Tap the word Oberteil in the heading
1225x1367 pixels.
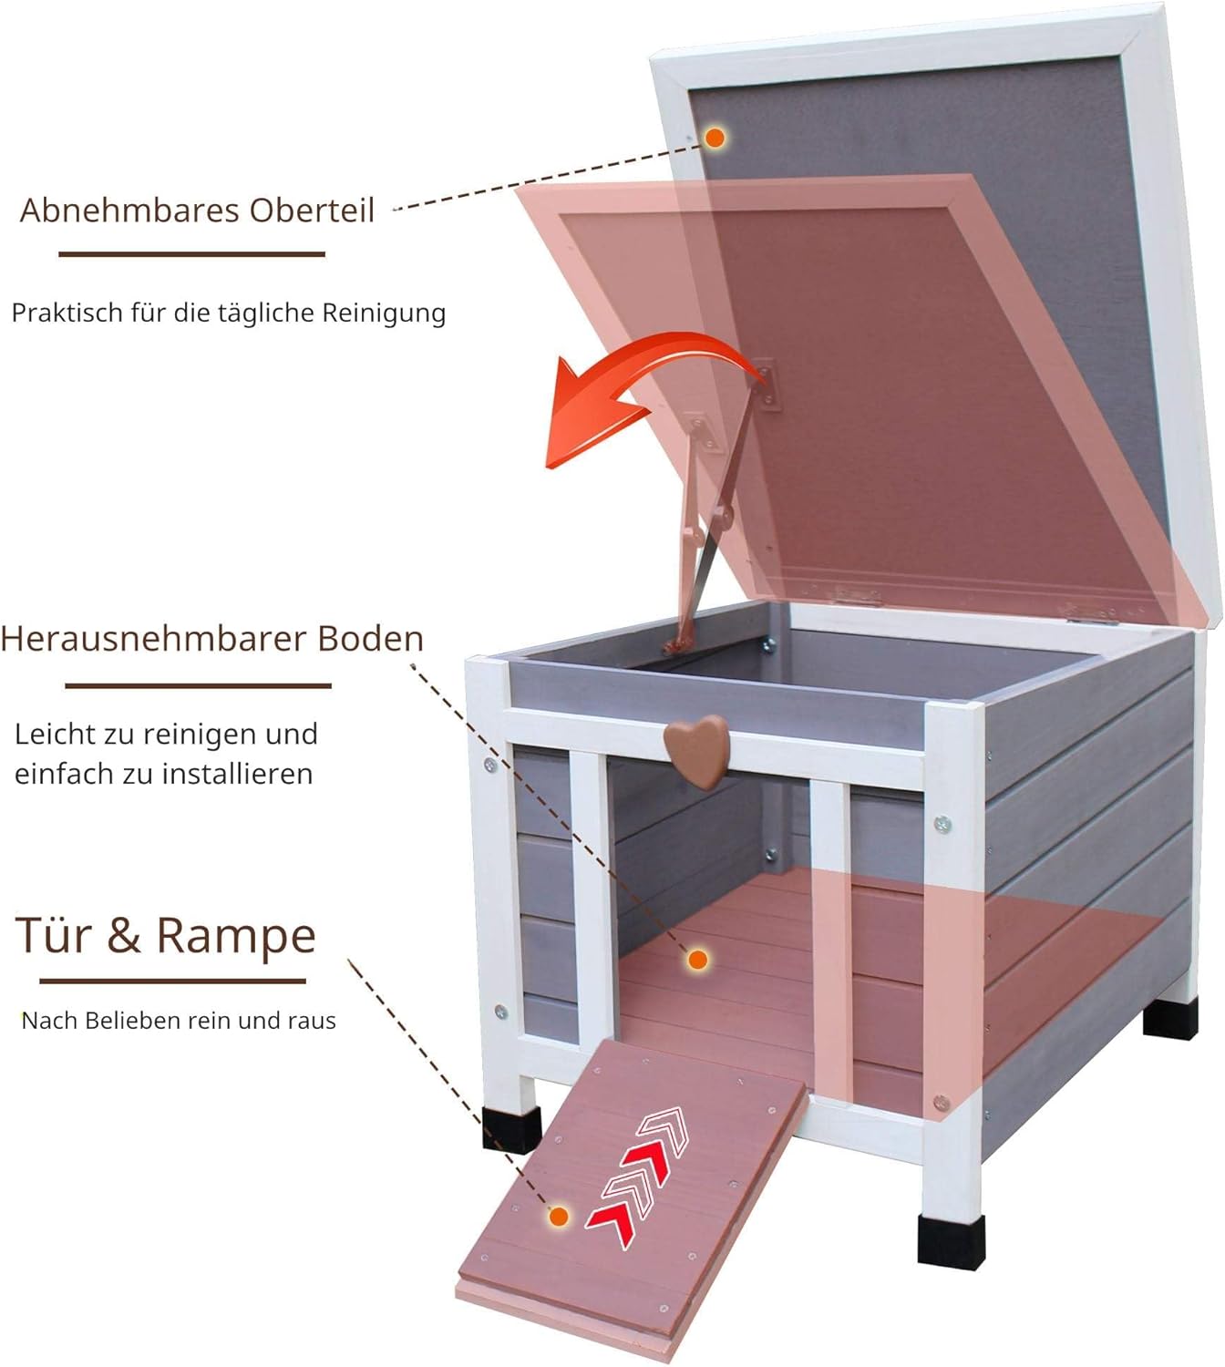(312, 211)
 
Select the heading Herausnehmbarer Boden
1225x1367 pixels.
(212, 638)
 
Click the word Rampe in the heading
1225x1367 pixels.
(236, 936)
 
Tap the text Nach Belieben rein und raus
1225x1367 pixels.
(179, 1021)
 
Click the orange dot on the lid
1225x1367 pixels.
(715, 138)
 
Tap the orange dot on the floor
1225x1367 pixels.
(698, 960)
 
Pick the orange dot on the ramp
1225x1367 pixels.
(558, 1217)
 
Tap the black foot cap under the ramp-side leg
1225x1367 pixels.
(512, 1127)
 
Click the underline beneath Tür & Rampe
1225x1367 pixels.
(173, 982)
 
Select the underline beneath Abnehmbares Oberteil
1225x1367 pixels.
(192, 254)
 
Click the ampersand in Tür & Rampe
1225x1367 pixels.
(124, 936)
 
